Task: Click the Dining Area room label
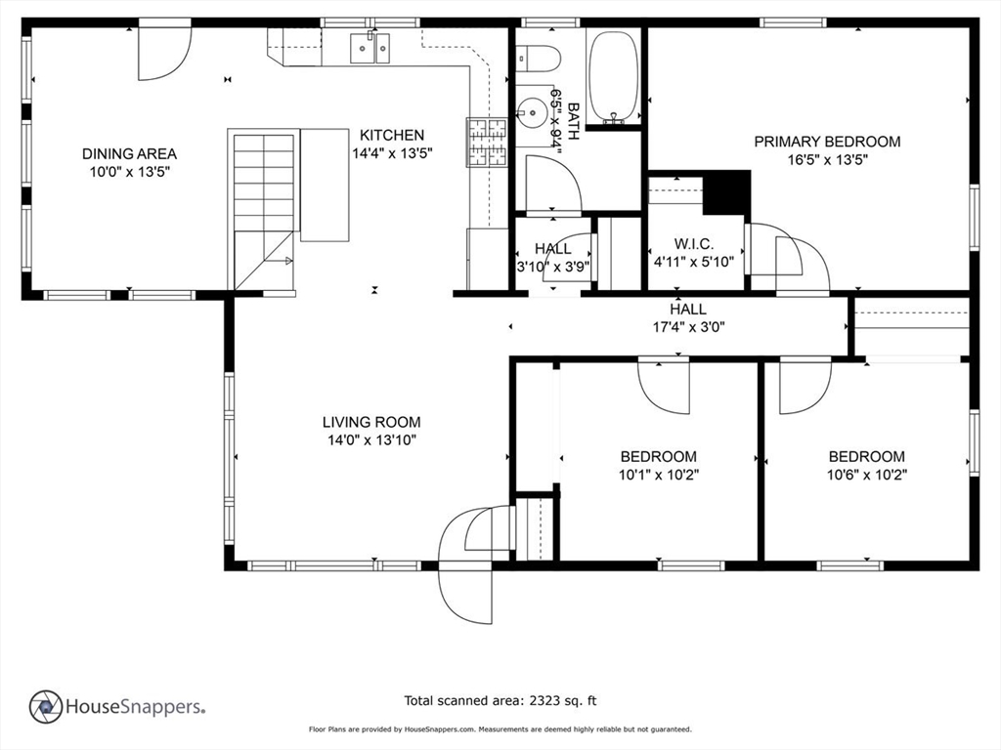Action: (x=130, y=153)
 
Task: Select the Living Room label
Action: (x=371, y=422)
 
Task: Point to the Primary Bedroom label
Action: (x=827, y=142)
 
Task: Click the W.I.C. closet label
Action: (x=694, y=244)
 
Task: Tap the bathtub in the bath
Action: (x=613, y=77)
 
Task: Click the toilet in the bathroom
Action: (x=539, y=59)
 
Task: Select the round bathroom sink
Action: (x=533, y=113)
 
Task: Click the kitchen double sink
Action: (x=370, y=48)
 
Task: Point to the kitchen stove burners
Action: (x=487, y=143)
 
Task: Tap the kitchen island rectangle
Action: (x=325, y=185)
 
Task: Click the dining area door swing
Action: (x=165, y=54)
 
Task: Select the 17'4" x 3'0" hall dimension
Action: (x=688, y=328)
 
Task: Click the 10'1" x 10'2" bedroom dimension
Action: (x=659, y=476)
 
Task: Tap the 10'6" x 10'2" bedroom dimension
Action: (x=867, y=476)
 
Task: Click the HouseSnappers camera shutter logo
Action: (x=46, y=707)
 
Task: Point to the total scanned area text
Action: (x=500, y=701)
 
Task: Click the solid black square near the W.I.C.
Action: (x=726, y=192)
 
